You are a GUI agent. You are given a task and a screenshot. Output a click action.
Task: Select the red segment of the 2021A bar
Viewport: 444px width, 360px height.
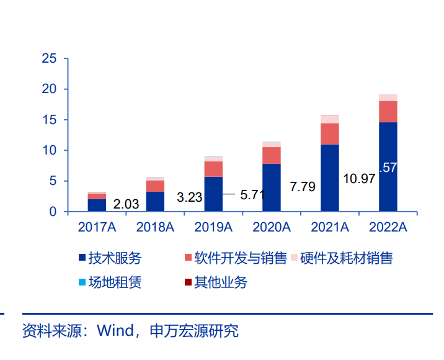click(329, 133)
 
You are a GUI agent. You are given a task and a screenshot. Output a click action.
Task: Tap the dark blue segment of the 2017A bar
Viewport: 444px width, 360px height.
click(97, 205)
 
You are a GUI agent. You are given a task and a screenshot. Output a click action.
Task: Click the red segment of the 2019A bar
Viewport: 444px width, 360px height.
click(213, 169)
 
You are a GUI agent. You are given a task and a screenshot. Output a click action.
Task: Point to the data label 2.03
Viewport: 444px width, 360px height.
click(126, 204)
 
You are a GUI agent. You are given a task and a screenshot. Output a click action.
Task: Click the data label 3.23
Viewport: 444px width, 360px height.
click(189, 197)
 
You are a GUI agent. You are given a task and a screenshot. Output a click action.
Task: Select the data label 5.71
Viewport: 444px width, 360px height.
click(252, 194)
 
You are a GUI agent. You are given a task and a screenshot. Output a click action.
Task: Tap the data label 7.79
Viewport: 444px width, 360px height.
click(303, 186)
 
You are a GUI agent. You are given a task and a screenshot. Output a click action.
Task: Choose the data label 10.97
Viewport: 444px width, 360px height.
click(359, 179)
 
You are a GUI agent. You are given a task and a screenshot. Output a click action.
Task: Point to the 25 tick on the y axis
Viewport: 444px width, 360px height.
click(49, 59)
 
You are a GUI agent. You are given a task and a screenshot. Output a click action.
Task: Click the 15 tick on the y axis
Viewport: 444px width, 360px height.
click(49, 120)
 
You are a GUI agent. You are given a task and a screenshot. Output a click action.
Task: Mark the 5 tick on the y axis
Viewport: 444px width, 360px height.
click(53, 181)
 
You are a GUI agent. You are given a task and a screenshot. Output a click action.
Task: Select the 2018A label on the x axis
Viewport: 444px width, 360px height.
click(155, 227)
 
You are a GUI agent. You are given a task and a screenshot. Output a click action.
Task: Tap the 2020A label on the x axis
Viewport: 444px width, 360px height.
click(272, 227)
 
